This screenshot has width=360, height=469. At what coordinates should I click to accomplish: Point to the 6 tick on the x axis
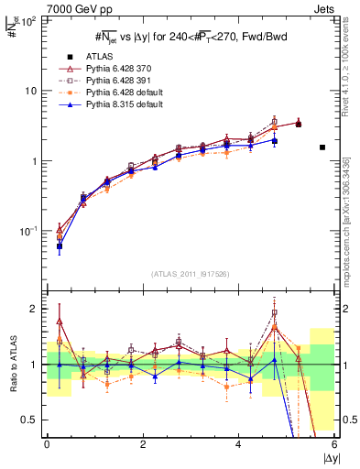pyautogui.click(x=334, y=444)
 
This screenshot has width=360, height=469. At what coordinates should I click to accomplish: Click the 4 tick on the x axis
pyautogui.click(x=238, y=444)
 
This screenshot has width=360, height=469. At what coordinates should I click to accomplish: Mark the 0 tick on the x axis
pyautogui.click(x=47, y=444)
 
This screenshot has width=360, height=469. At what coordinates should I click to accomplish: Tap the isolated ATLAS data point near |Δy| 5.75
pyautogui.click(x=322, y=147)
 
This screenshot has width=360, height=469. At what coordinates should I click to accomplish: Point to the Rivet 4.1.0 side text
pyautogui.click(x=351, y=70)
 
